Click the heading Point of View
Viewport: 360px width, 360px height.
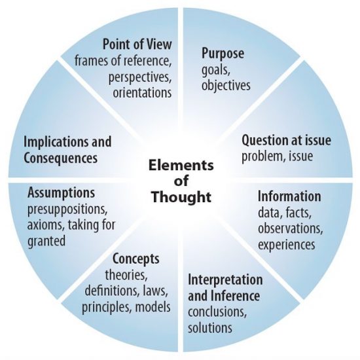pos(137,44)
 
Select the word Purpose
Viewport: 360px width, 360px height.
pos(223,54)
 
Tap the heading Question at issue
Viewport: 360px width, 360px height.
pos(286,140)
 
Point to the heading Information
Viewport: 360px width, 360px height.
pos(289,196)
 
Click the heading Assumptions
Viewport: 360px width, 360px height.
pos(61,193)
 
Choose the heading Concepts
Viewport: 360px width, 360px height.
pos(135,259)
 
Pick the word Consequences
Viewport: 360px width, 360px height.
pos(61,158)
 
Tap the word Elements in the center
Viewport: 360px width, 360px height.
pos(181,166)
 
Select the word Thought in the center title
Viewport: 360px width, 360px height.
pos(181,197)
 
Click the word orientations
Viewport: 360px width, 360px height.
pos(142,92)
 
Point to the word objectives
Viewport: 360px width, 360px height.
pos(226,85)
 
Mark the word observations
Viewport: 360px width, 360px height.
pos(290,228)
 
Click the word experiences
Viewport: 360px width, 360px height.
pos(286,245)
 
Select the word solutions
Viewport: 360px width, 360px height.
pos(210,328)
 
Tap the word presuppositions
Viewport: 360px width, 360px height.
pos(67,209)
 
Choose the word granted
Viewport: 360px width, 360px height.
pos(46,242)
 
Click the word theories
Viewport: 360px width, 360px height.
pos(126,275)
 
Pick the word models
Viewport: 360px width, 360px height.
pos(153,307)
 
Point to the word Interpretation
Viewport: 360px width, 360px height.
pos(225,280)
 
